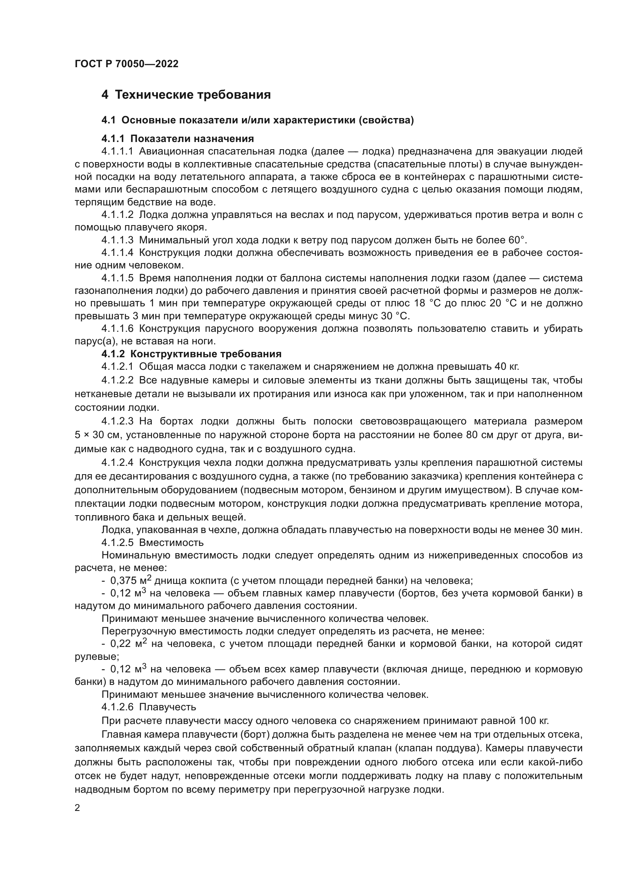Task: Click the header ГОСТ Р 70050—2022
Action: [x=126, y=64]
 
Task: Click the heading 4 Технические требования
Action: [x=186, y=95]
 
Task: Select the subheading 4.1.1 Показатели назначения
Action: [x=177, y=139]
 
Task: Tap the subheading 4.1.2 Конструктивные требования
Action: [x=191, y=354]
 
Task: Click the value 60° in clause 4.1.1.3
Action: [x=517, y=240]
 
